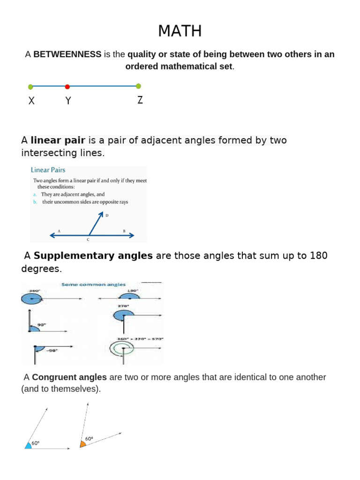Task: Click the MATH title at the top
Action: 180,31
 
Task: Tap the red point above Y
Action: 67,87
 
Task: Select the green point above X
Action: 30,87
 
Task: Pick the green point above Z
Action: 138,86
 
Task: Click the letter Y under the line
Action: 68,101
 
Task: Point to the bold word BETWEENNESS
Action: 67,54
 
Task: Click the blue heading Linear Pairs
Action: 48,170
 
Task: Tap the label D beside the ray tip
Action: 107,216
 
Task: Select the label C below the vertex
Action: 88,240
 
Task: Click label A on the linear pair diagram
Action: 59,231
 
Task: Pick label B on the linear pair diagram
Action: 124,231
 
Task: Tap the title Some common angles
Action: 94,284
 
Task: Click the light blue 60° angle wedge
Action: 28,445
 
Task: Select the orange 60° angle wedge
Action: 82,443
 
